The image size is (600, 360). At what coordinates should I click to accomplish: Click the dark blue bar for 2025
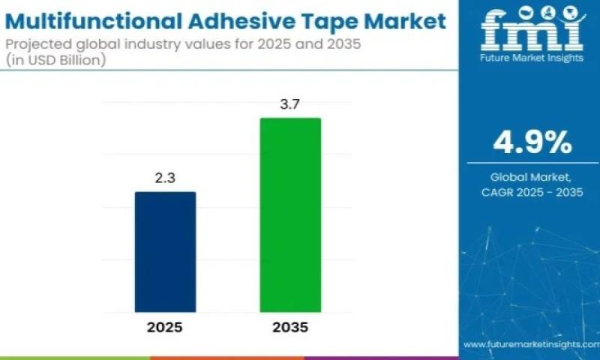(165, 252)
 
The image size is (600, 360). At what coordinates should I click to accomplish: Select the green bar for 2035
(290, 214)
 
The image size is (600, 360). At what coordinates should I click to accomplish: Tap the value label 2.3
(165, 179)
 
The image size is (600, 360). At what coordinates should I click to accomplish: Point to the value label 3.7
(290, 105)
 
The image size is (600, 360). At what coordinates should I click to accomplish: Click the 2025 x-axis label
(165, 328)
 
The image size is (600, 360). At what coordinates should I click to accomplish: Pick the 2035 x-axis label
(290, 328)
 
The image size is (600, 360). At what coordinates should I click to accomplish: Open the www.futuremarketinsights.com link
(530, 344)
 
